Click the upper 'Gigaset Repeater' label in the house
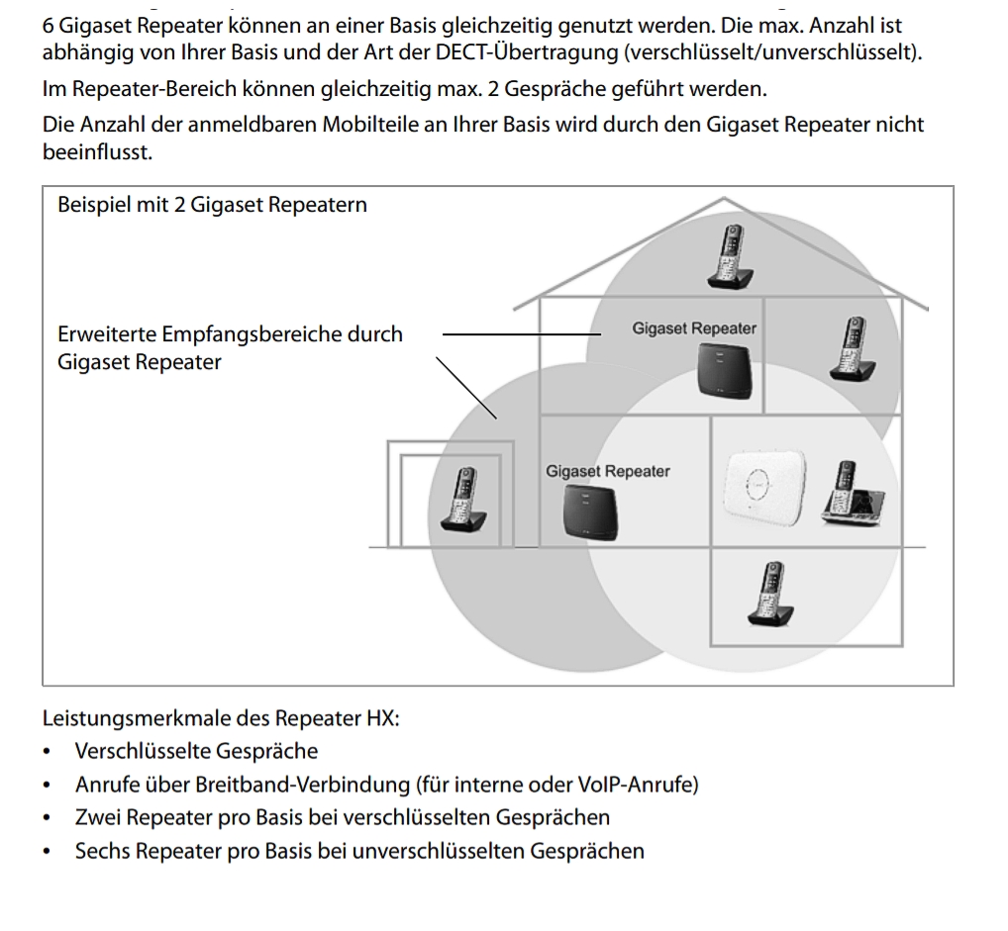tap(694, 327)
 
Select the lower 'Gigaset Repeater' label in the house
tap(607, 471)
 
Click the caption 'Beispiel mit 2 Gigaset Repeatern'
tap(213, 206)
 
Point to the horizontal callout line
tap(515, 334)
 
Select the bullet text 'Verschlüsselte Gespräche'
tap(196, 752)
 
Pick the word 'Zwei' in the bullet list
tap(95, 817)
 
